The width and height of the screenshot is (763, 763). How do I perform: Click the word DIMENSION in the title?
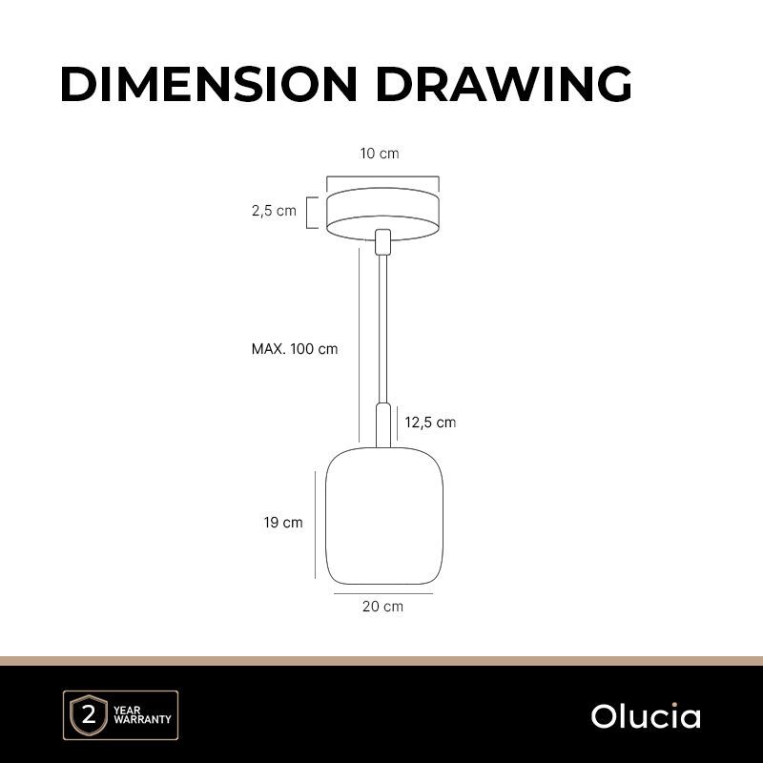(209, 84)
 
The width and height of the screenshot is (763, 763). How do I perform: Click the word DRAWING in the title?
(505, 84)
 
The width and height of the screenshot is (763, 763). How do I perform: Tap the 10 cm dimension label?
(380, 154)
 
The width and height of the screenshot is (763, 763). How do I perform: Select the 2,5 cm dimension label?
(274, 211)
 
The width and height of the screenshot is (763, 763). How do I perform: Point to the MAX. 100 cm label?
(295, 349)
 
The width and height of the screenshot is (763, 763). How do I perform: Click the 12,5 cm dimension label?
(430, 423)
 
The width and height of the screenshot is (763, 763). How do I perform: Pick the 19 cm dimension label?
(283, 523)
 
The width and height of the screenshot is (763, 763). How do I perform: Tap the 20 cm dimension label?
(383, 607)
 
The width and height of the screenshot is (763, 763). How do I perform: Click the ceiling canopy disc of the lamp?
(383, 214)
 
